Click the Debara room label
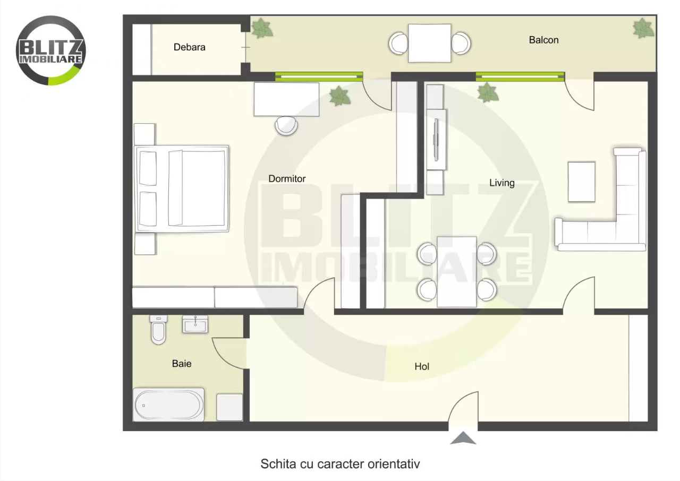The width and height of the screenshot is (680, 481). (189, 47)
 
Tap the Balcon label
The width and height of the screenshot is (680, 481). (543, 40)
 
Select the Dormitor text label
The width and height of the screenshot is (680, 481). (287, 179)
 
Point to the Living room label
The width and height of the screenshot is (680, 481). (501, 183)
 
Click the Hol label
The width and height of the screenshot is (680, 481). (422, 366)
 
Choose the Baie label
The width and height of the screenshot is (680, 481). (182, 364)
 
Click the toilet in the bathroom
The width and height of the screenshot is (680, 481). (158, 330)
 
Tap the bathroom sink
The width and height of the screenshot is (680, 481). (195, 323)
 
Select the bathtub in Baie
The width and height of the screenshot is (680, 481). (168, 405)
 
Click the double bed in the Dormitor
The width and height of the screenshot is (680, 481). (182, 188)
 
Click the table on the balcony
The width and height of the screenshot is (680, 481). (429, 43)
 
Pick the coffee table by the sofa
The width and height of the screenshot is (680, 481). (581, 182)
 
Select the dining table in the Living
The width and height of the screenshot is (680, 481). (457, 271)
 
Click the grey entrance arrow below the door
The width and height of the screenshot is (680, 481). (463, 439)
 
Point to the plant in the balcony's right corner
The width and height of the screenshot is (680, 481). (643, 28)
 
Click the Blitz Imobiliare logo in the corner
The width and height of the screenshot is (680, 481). (51, 50)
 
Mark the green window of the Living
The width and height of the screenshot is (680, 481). (520, 76)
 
